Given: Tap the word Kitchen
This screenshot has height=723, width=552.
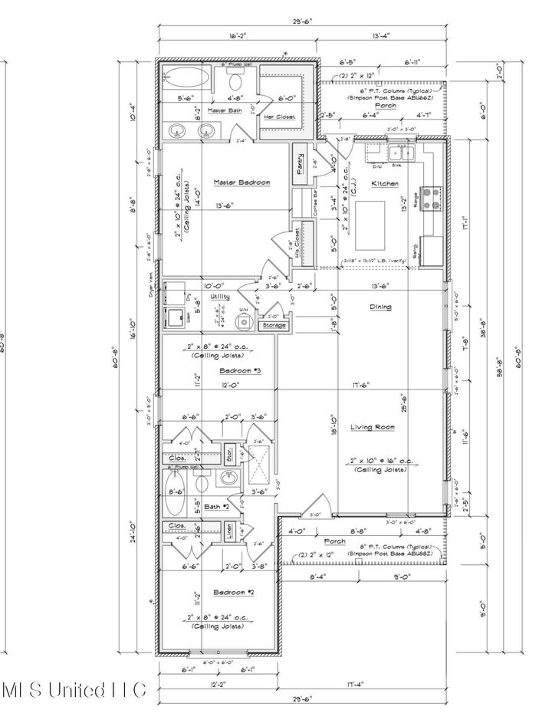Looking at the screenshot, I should click(x=384, y=184).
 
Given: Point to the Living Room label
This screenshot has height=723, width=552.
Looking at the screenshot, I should click(x=372, y=427).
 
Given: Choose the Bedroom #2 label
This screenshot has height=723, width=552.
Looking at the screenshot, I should click(x=212, y=593).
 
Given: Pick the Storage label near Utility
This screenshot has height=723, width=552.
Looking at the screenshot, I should click(x=274, y=325).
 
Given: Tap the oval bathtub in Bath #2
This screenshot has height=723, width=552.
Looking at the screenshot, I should click(x=174, y=493).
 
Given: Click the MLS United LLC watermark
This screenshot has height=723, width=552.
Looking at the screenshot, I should click(x=74, y=690).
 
